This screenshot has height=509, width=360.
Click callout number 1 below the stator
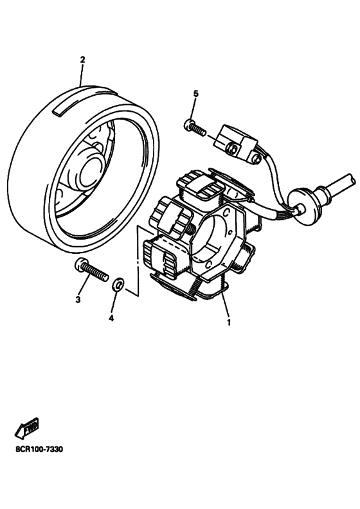pyautogui.click(x=229, y=323)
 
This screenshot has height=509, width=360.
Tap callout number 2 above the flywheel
pyautogui.click(x=82, y=60)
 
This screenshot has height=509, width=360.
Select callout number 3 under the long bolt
pyautogui.click(x=78, y=299)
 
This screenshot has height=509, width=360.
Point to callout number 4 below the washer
pyautogui.click(x=111, y=319)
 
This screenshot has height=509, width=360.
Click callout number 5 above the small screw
pyautogui.click(x=195, y=93)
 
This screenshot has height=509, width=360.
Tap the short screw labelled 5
pyautogui.click(x=195, y=128)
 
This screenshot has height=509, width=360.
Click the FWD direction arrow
pyautogui.click(x=26, y=428)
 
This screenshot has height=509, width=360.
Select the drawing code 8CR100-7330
pyautogui.click(x=39, y=450)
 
